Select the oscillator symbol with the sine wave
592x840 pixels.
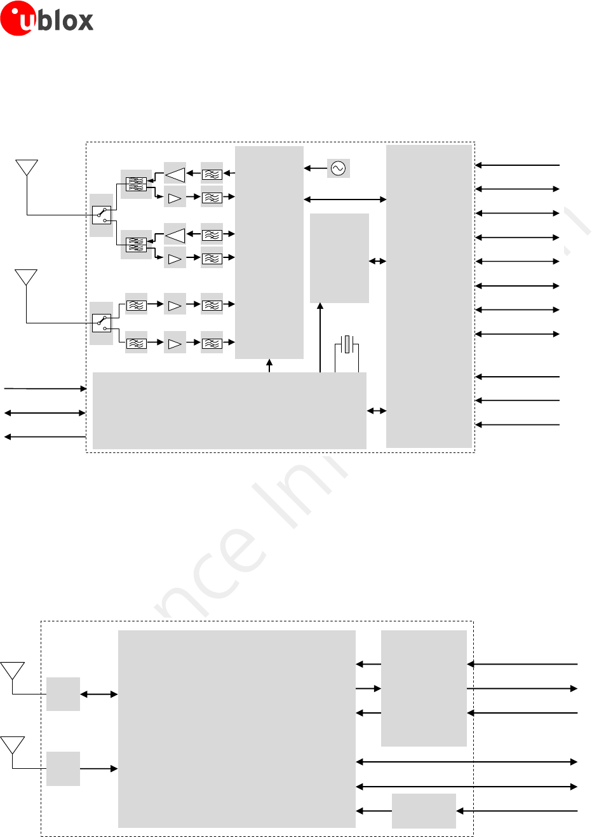point(338,168)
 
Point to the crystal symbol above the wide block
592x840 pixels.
point(347,345)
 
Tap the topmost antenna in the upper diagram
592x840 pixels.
point(27,168)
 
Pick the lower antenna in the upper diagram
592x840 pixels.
point(26,278)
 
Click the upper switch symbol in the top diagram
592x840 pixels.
point(102,215)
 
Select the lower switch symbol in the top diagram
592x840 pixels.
point(102,323)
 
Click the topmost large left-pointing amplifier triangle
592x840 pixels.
point(175,173)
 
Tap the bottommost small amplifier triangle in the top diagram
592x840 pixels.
point(175,344)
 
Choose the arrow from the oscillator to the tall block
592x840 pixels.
point(315,168)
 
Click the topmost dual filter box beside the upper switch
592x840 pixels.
point(137,184)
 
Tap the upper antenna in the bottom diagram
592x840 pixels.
point(13,671)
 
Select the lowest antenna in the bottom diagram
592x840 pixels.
point(13,745)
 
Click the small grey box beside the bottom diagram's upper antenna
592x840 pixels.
point(64,694)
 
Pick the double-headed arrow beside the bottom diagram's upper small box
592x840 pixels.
point(99,694)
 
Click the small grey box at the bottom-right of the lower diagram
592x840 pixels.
point(424,811)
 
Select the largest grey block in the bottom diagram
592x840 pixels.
point(236,729)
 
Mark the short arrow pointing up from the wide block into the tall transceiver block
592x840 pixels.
point(269,365)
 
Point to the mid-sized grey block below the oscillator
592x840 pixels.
point(339,258)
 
